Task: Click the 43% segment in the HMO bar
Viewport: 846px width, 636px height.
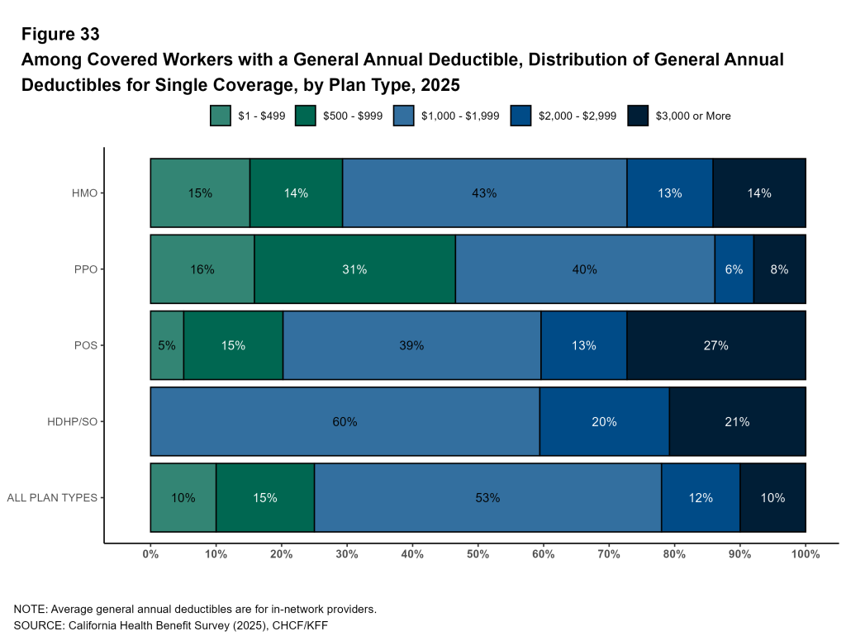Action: coord(484,193)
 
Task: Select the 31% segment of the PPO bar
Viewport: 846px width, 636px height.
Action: coord(354,269)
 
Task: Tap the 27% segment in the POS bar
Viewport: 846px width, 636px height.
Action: coord(716,345)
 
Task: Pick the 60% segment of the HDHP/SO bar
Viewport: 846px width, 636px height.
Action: coord(345,421)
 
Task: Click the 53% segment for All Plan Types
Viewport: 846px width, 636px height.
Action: coord(487,497)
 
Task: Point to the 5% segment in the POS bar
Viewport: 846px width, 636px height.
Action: coord(167,345)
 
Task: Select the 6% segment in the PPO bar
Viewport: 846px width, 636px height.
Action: coord(734,269)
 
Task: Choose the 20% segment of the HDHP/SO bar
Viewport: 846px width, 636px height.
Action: coord(604,421)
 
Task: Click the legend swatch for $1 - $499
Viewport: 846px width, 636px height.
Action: coord(221,116)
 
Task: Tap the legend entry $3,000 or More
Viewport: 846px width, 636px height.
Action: coord(692,116)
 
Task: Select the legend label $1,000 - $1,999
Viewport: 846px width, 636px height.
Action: coord(460,116)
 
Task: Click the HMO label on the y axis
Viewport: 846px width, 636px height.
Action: coord(85,193)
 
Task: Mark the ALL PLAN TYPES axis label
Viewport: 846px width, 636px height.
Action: coord(52,497)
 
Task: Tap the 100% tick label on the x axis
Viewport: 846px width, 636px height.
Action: coord(806,555)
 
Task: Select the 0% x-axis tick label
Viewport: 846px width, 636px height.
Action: coord(150,555)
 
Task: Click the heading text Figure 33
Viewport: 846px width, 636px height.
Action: coord(60,34)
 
